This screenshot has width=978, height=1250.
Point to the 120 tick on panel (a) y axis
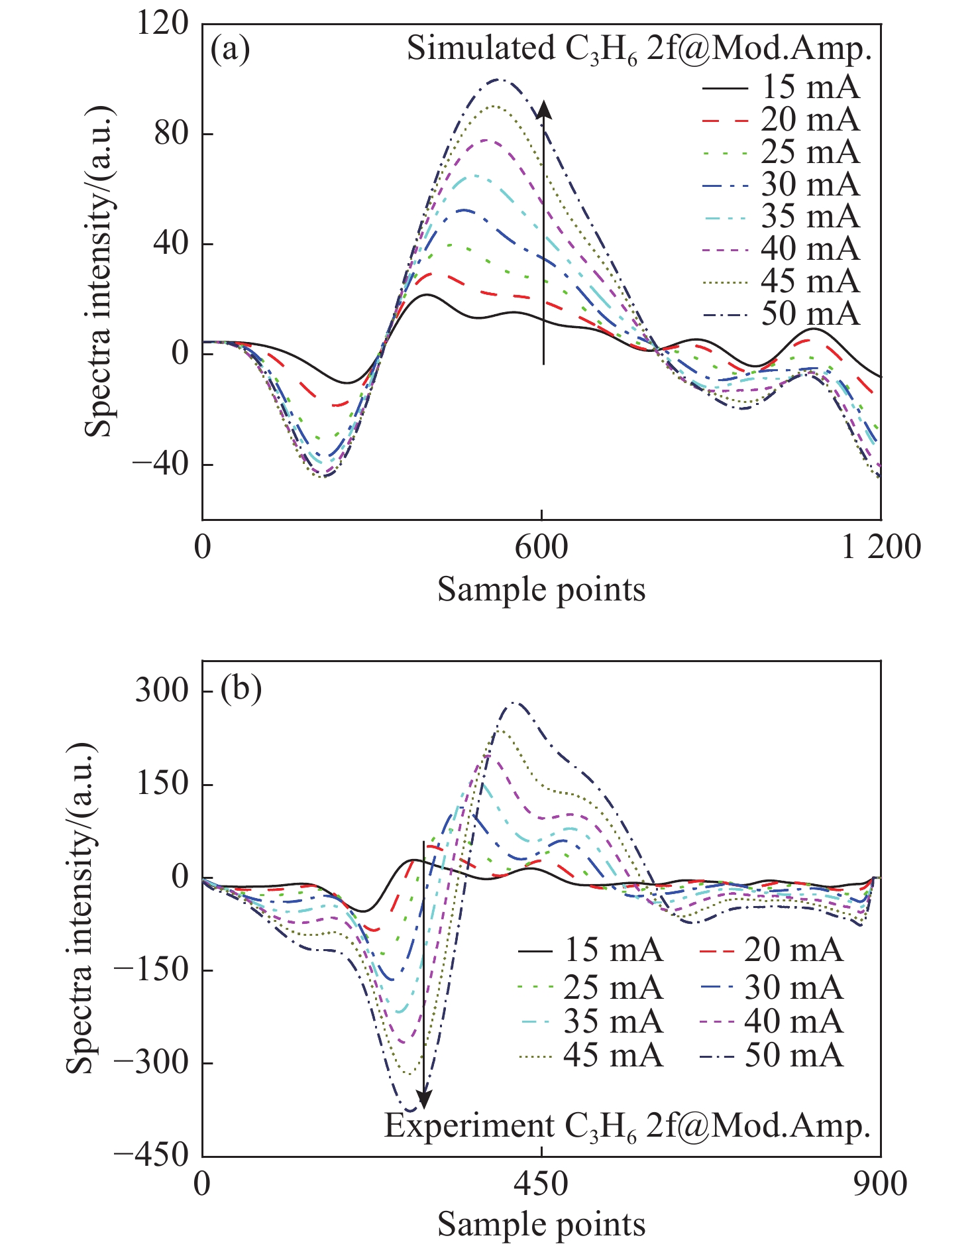162,24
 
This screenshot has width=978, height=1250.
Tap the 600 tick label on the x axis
542,548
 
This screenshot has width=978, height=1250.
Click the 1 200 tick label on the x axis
881,548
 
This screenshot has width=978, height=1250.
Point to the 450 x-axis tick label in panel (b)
542,1184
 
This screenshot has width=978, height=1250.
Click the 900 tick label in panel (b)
881,1184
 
